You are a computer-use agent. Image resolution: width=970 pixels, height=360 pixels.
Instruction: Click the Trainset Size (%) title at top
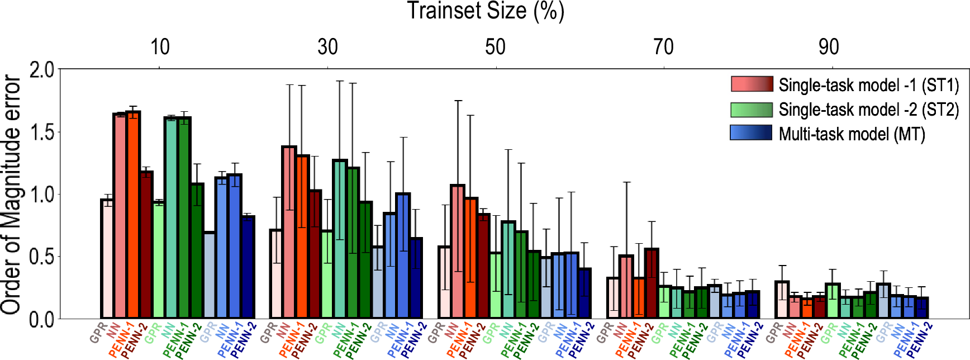[x=485, y=11]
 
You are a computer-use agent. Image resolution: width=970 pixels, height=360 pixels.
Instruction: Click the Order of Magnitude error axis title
[x=11, y=195]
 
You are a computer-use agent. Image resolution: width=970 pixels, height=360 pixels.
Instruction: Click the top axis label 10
[x=160, y=47]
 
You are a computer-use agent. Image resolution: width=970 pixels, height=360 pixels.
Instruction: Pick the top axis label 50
[x=495, y=47]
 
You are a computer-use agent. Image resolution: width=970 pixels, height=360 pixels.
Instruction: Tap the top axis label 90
[x=829, y=47]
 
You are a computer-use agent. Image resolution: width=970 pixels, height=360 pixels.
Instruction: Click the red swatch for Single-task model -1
[x=752, y=84]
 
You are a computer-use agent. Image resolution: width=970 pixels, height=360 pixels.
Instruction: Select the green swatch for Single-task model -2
[x=752, y=110]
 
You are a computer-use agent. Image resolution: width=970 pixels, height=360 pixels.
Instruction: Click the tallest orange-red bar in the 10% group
[x=133, y=215]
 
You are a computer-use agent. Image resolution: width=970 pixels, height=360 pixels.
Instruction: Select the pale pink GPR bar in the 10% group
[x=107, y=260]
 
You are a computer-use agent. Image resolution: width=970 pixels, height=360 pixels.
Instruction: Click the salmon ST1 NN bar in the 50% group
[x=457, y=252]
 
